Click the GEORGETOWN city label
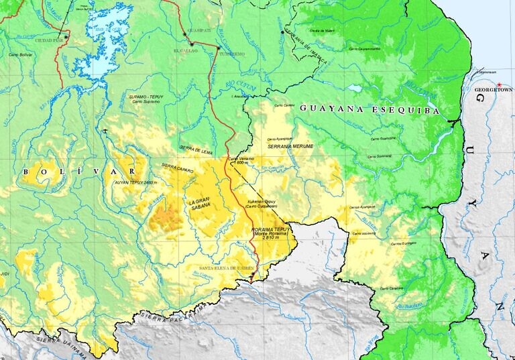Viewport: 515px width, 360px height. click(x=492, y=89)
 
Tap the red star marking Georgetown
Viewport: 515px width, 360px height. click(x=499, y=83)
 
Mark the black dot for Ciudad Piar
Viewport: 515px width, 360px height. click(x=66, y=36)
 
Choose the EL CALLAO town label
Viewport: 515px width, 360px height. click(x=185, y=51)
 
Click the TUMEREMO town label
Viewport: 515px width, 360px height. click(x=232, y=53)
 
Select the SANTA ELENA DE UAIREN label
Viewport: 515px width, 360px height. click(x=227, y=268)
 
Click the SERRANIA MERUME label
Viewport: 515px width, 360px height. click(x=290, y=145)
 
